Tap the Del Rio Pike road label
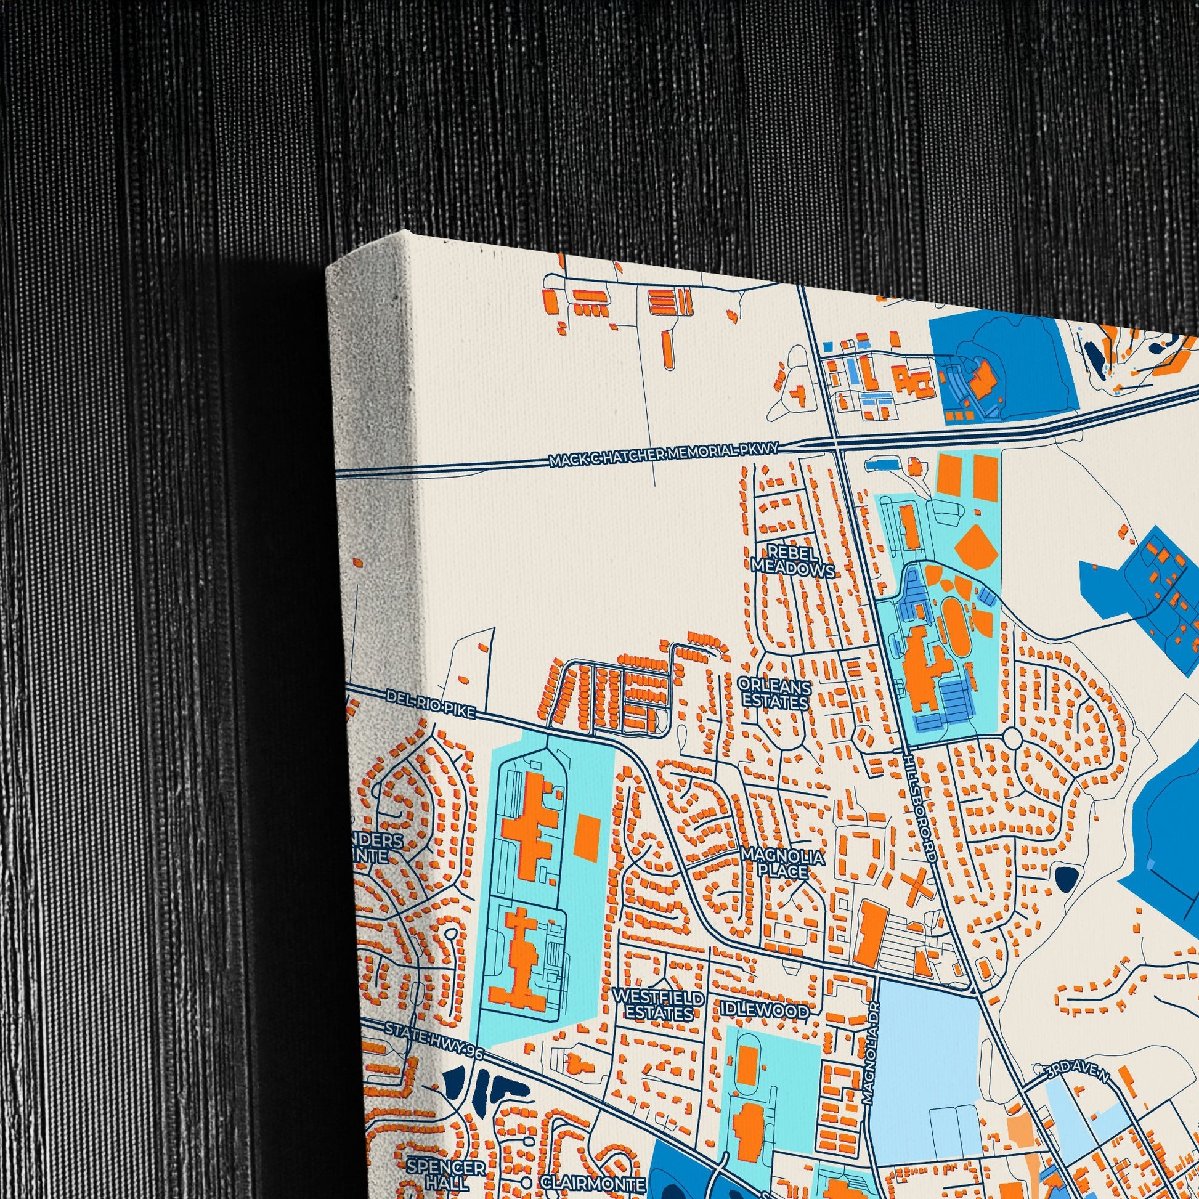coord(429,705)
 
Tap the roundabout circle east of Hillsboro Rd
coord(1012,738)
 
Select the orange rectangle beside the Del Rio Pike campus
coord(588,837)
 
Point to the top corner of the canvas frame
coord(407,232)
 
